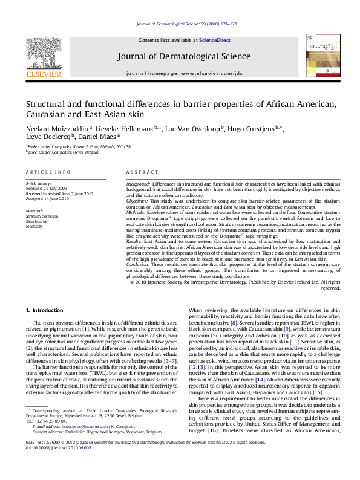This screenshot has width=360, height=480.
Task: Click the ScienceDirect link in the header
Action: coord(215,40)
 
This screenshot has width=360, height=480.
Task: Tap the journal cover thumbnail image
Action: coord(319,56)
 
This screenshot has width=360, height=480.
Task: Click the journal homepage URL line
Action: coord(185,73)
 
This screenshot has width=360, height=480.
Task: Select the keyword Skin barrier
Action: coord(35,222)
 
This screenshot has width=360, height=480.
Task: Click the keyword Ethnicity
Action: coord(34,227)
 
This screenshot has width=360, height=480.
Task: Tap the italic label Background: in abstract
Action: coord(138,183)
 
